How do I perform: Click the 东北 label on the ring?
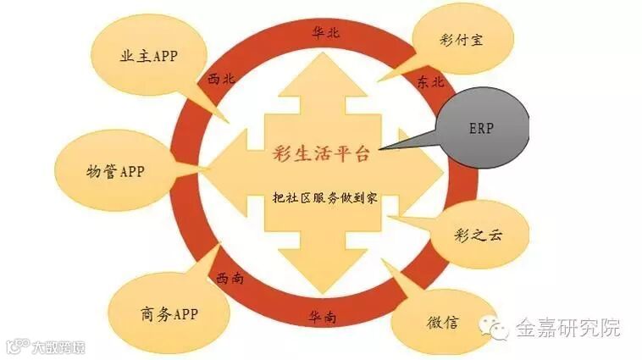tap(430, 82)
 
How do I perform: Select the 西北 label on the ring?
tap(221, 79)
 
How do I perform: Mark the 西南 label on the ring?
tap(230, 277)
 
